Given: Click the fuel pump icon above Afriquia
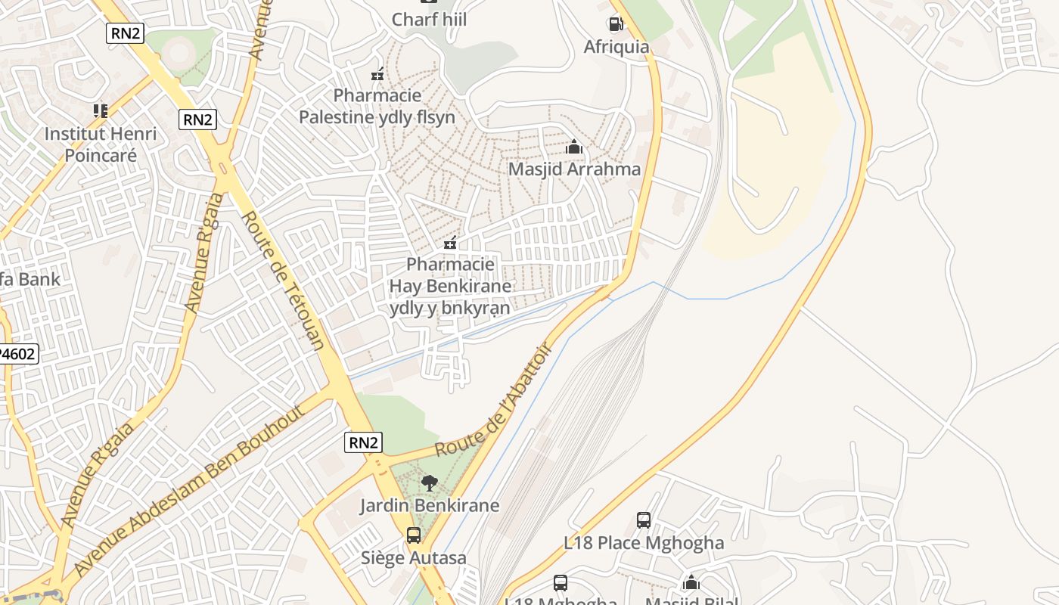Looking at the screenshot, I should click(x=616, y=24).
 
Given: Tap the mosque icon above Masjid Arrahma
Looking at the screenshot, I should click(x=574, y=147).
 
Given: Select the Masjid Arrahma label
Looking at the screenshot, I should click(x=574, y=169).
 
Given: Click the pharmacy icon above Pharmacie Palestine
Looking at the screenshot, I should click(x=377, y=74).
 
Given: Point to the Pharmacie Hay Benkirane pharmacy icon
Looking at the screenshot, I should click(x=450, y=243).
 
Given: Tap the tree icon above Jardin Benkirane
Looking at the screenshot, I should click(x=430, y=482).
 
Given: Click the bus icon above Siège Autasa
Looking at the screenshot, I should click(x=414, y=535).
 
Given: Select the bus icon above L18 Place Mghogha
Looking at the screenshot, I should click(x=644, y=520).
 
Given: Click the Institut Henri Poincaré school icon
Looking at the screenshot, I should click(x=101, y=111).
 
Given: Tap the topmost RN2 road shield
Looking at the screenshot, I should click(x=125, y=33).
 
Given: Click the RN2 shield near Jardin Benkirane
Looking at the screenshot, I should click(x=363, y=442).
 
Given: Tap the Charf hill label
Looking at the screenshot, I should click(x=429, y=19).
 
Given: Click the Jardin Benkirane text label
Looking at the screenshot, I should click(x=429, y=505).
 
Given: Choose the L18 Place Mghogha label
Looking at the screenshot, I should click(x=644, y=543).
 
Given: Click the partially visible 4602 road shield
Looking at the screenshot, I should click(x=18, y=354).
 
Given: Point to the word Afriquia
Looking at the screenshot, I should click(x=616, y=47).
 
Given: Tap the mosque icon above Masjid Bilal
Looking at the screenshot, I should click(x=691, y=583).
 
